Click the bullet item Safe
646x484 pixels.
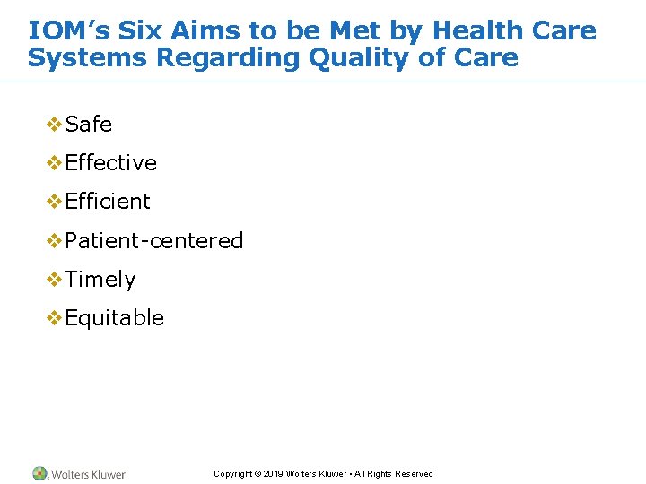click(x=89, y=125)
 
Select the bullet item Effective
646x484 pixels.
click(x=111, y=163)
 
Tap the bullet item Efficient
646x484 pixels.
click(x=108, y=202)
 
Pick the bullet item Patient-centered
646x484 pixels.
click(x=154, y=241)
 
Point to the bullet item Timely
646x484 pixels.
click(x=100, y=280)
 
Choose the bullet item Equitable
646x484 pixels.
click(x=115, y=318)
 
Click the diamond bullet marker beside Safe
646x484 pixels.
click(x=54, y=125)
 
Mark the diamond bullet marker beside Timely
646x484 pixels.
click(x=54, y=280)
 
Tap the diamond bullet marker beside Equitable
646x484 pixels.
click(x=54, y=318)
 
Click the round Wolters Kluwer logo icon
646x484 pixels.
click(x=39, y=473)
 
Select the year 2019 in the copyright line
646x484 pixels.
click(x=275, y=474)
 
